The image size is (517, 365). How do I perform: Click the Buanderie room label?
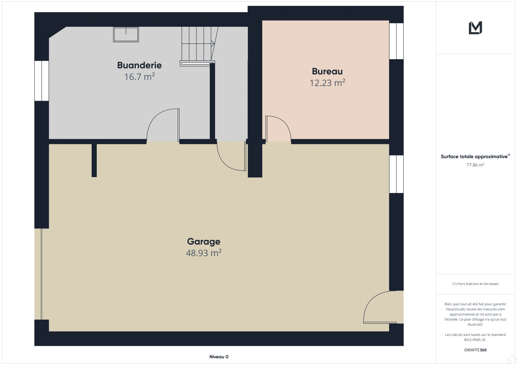(139, 65)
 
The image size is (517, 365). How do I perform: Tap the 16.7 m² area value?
(139, 77)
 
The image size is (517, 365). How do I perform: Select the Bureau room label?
(327, 71)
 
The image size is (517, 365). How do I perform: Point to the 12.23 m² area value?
(327, 83)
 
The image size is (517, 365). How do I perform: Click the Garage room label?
(203, 241)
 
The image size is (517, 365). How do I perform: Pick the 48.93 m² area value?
(203, 253)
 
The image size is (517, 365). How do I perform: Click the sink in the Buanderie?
(126, 34)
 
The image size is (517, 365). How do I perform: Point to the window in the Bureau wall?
(396, 41)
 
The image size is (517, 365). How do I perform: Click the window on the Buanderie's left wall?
(42, 81)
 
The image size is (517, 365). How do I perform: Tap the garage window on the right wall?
(396, 174)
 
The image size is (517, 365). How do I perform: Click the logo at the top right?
(475, 28)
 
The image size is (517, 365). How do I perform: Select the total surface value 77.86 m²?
(475, 165)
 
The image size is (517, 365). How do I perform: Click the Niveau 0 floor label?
(219, 357)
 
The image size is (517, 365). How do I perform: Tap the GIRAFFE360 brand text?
(475, 350)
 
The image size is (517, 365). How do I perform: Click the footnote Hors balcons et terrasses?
(475, 284)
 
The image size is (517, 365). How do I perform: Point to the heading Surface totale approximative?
(474, 156)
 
